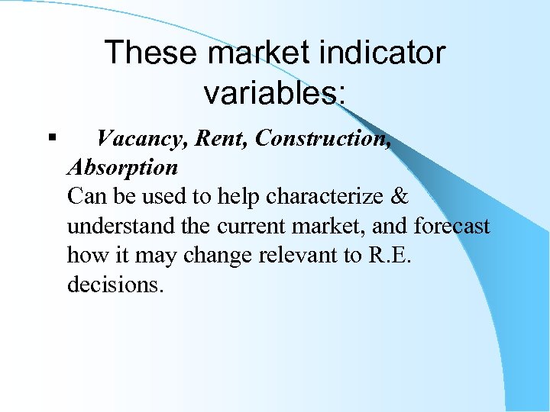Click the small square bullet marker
[50, 138]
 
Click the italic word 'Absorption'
[122, 166]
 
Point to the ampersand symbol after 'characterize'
[400, 196]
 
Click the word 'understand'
[115, 227]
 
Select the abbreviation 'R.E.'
[391, 256]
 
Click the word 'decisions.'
[115, 285]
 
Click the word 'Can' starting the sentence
[84, 196]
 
